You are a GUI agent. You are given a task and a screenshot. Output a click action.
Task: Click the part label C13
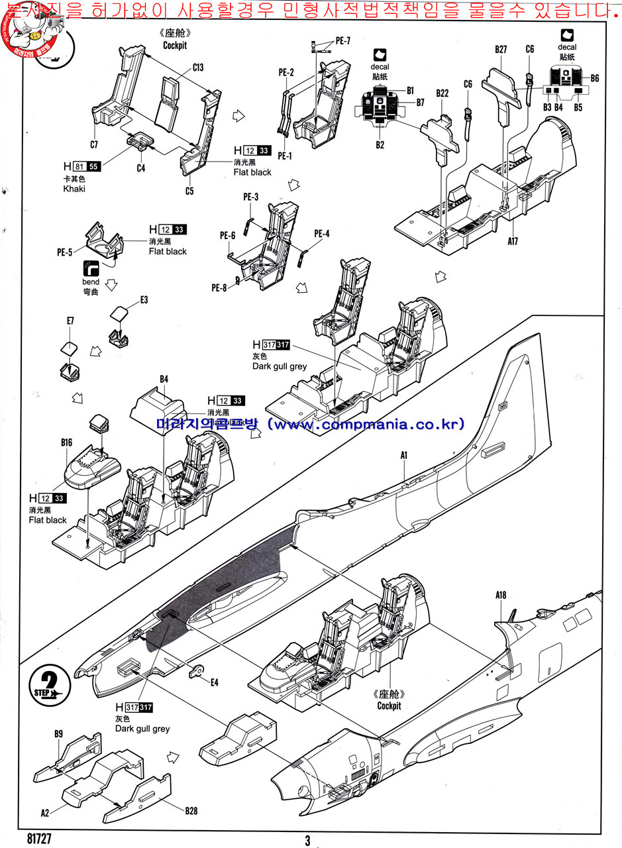click(198, 67)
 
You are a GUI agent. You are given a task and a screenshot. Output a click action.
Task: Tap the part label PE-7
click(342, 40)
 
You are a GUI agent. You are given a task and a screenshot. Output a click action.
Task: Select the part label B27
click(501, 49)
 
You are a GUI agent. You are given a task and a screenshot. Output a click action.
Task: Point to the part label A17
click(513, 241)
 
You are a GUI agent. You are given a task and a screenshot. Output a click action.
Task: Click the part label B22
click(442, 93)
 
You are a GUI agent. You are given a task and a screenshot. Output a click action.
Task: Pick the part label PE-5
click(65, 252)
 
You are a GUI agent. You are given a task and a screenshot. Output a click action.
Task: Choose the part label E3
click(144, 300)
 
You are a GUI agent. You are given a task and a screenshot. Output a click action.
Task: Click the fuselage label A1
click(403, 455)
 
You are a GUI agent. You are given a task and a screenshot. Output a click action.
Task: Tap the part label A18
click(501, 595)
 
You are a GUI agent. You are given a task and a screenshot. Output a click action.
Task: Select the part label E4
click(214, 682)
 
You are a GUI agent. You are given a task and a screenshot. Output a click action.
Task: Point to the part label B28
click(191, 810)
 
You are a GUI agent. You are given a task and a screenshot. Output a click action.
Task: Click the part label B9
click(58, 733)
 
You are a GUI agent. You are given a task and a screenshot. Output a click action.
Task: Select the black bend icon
click(90, 268)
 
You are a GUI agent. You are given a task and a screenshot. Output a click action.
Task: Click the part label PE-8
click(219, 288)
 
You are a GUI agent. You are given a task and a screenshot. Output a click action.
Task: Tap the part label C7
click(93, 144)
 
